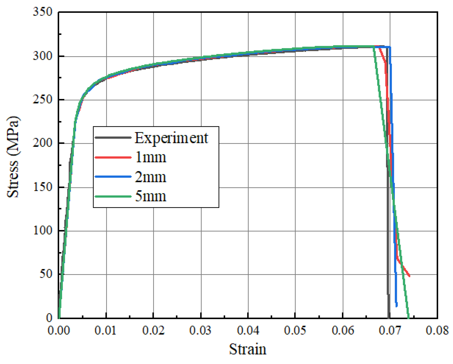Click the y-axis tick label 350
(x=43, y=12)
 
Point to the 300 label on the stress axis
(x=43, y=56)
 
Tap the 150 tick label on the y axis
(x=43, y=187)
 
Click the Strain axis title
(x=248, y=349)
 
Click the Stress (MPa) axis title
(x=13, y=157)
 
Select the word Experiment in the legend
(x=171, y=138)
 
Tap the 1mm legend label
(x=151, y=157)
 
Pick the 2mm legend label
(x=151, y=177)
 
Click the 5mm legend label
(x=151, y=197)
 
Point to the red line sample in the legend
(x=113, y=157)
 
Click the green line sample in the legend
(x=113, y=197)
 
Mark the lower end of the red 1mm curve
(x=409, y=276)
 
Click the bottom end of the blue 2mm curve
(x=396, y=306)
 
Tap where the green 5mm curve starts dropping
(x=373, y=47)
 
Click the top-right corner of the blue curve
(x=390, y=47)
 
